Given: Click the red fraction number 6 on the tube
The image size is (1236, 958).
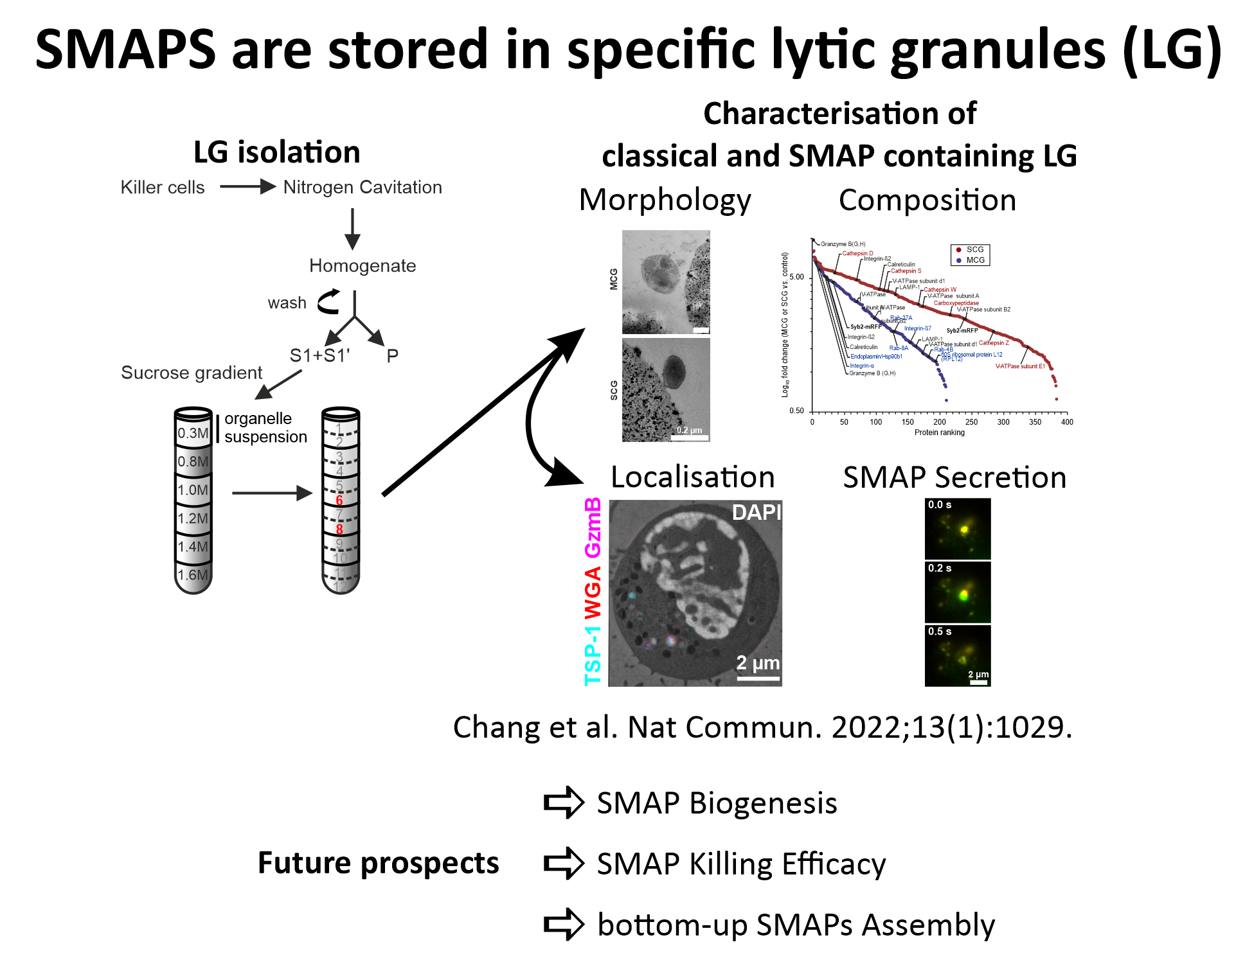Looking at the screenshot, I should click(x=339, y=500).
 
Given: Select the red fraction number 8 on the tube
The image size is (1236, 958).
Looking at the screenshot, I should click(x=339, y=529).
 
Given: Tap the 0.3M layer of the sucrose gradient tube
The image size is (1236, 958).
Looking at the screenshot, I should click(x=193, y=433).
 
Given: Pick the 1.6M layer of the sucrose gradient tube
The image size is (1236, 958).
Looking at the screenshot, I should click(x=193, y=575).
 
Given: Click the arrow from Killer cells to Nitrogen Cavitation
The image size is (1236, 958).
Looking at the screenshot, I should click(x=247, y=187).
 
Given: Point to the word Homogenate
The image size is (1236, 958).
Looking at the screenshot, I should click(x=363, y=265).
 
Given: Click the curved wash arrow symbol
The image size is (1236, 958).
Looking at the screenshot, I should click(x=329, y=302).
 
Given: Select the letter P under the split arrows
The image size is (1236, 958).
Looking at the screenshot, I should click(x=392, y=355).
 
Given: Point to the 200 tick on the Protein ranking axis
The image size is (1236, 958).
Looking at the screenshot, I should click(x=939, y=422).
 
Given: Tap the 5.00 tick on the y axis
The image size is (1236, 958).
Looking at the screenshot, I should click(x=796, y=277).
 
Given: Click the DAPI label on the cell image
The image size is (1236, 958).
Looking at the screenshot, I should click(x=756, y=512).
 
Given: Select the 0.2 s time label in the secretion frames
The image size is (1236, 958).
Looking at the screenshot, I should click(x=939, y=568).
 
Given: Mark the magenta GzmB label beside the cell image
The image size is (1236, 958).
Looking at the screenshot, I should click(x=593, y=528).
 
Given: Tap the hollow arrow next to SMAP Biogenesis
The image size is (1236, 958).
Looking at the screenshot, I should click(x=563, y=802).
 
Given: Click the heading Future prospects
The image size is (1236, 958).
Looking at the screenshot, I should click(x=378, y=862).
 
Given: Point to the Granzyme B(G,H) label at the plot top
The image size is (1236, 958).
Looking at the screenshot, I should click(x=843, y=244).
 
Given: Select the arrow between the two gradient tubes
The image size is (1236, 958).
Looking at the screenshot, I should click(x=271, y=493).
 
